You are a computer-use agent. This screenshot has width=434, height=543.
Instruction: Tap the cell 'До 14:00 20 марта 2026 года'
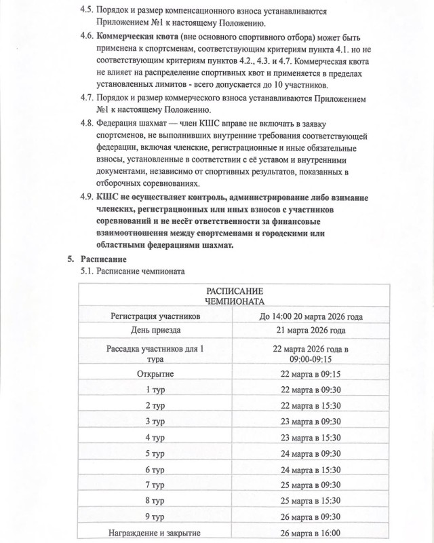coord(311,316)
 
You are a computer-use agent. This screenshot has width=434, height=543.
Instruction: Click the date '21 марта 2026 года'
coord(311,331)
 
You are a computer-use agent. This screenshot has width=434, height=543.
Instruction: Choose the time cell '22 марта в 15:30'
coord(311,405)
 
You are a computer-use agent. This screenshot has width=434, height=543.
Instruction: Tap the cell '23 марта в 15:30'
coord(311,438)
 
